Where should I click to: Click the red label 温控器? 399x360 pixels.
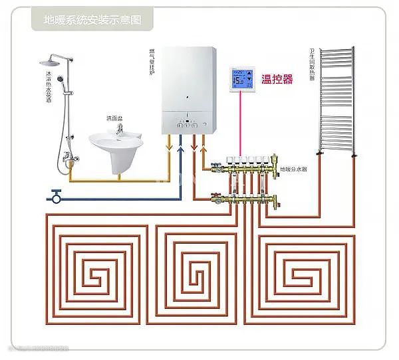tap(278, 80)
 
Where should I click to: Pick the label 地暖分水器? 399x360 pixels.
tap(293, 171)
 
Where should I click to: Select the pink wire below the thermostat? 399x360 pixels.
tap(240, 126)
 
